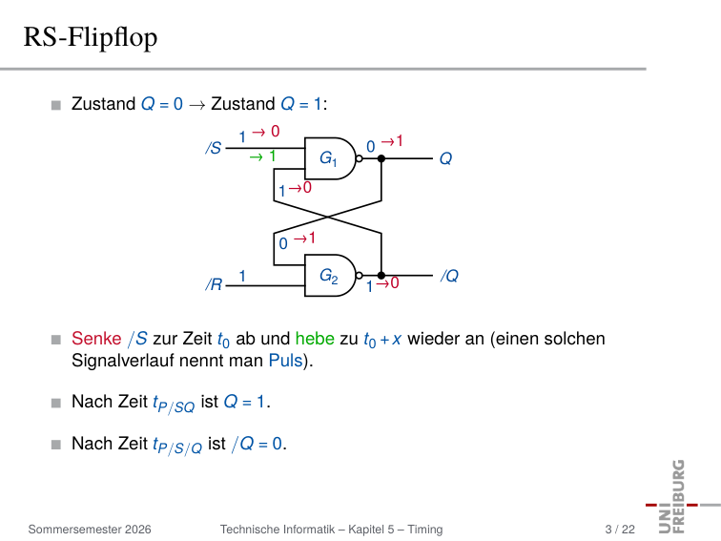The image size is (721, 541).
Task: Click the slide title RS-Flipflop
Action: point(91,37)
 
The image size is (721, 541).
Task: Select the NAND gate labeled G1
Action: point(330,158)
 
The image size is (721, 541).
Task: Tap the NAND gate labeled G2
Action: point(330,275)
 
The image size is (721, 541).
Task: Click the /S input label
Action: point(214,148)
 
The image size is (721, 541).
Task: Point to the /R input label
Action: point(214,284)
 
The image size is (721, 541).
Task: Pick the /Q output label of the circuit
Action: point(450,276)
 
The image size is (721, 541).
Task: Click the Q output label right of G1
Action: point(445,158)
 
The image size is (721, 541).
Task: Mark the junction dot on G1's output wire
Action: point(381,158)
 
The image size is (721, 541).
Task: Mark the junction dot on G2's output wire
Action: point(381,276)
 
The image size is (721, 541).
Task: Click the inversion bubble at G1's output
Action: point(360,158)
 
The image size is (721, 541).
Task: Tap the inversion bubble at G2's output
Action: point(360,276)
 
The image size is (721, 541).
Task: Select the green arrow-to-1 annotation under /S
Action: point(262,156)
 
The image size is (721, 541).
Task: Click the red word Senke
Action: point(96,339)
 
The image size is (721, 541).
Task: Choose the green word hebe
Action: point(315,339)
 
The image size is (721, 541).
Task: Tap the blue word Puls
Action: point(285,361)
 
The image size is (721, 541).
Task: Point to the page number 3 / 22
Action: point(620,530)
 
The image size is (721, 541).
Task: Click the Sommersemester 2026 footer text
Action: point(90,530)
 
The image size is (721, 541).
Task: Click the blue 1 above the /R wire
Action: point(242,276)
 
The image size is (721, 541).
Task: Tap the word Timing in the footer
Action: point(425,530)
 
